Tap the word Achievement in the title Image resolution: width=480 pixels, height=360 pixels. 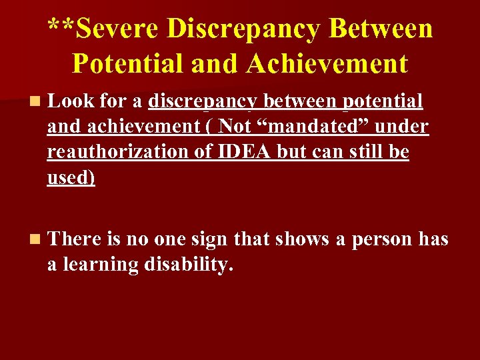(327, 63)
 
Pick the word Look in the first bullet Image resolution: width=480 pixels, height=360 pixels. (71, 101)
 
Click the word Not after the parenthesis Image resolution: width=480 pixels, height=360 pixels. (235, 126)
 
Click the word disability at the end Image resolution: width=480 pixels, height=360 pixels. (188, 265)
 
